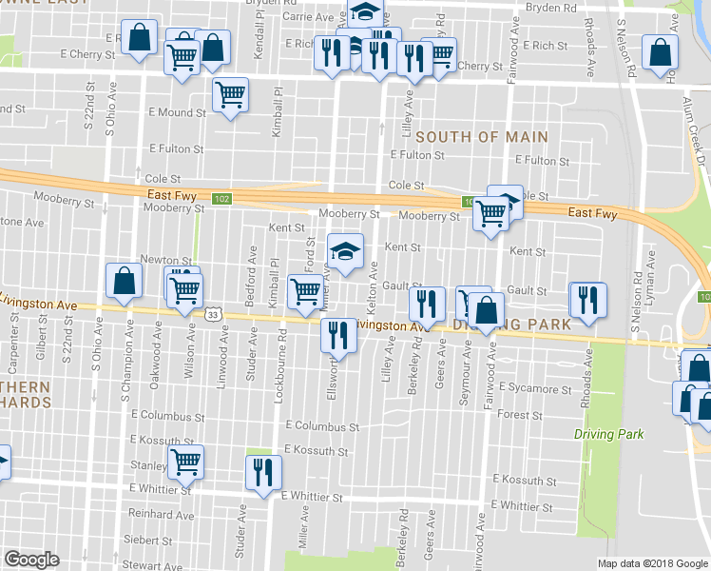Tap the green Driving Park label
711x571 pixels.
pyautogui.click(x=608, y=434)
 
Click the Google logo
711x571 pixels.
pyautogui.click(x=31, y=559)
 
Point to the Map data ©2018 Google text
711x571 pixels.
pyautogui.click(x=652, y=563)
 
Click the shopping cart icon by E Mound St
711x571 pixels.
pyautogui.click(x=229, y=95)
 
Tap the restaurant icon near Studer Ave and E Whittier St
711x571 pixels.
pyautogui.click(x=262, y=472)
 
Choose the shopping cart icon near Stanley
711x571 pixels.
pyautogui.click(x=185, y=463)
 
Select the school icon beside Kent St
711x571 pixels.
pyautogui.click(x=345, y=251)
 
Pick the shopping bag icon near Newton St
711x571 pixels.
pyautogui.click(x=125, y=280)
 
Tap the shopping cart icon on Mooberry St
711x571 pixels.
pyautogui.click(x=490, y=212)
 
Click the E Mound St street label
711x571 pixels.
pyautogui.click(x=177, y=112)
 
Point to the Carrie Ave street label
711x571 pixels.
pyautogui.click(x=308, y=17)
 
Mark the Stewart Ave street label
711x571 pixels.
pyautogui.click(x=152, y=565)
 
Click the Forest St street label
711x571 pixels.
pyautogui.click(x=519, y=415)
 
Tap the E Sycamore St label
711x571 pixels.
pyautogui.click(x=534, y=389)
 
